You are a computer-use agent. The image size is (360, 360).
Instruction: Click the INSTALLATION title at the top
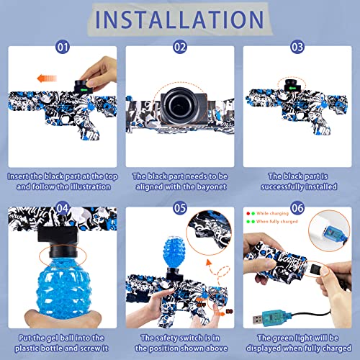[x=179, y=20]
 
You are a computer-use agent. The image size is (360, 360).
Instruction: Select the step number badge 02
[x=179, y=48]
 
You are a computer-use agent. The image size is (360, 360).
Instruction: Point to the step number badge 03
[x=296, y=48]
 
